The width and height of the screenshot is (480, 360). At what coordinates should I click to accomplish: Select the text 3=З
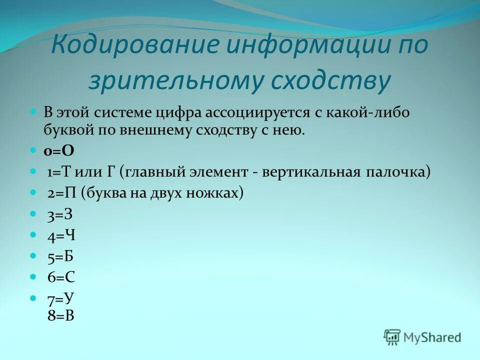coord(60,214)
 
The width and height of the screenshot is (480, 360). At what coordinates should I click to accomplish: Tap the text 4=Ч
coord(61,235)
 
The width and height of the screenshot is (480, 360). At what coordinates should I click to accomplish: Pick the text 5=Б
coord(60,256)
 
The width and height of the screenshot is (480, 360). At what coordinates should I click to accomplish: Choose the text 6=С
coord(61,277)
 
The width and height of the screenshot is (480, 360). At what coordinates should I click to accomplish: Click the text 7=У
coord(61,299)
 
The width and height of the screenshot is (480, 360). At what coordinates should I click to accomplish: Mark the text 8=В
coord(61,315)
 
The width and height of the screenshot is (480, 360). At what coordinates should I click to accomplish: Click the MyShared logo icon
coord(392,337)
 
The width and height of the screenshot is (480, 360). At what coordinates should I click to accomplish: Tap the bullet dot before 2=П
coord(33,192)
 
